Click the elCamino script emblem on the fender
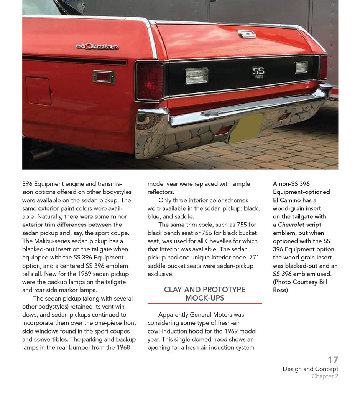(x=97, y=46)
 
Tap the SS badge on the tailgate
(x=258, y=72)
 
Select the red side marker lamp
(x=104, y=77)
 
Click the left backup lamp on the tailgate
(x=196, y=75)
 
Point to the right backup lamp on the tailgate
(x=301, y=68)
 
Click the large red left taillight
(x=150, y=81)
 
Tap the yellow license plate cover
(x=246, y=128)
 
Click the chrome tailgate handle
(x=247, y=34)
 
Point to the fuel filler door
(x=38, y=91)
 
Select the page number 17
(x=333, y=360)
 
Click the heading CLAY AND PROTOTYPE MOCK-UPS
(x=204, y=294)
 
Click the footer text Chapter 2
(x=325, y=376)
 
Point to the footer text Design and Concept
(x=310, y=369)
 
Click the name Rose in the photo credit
(x=280, y=290)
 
